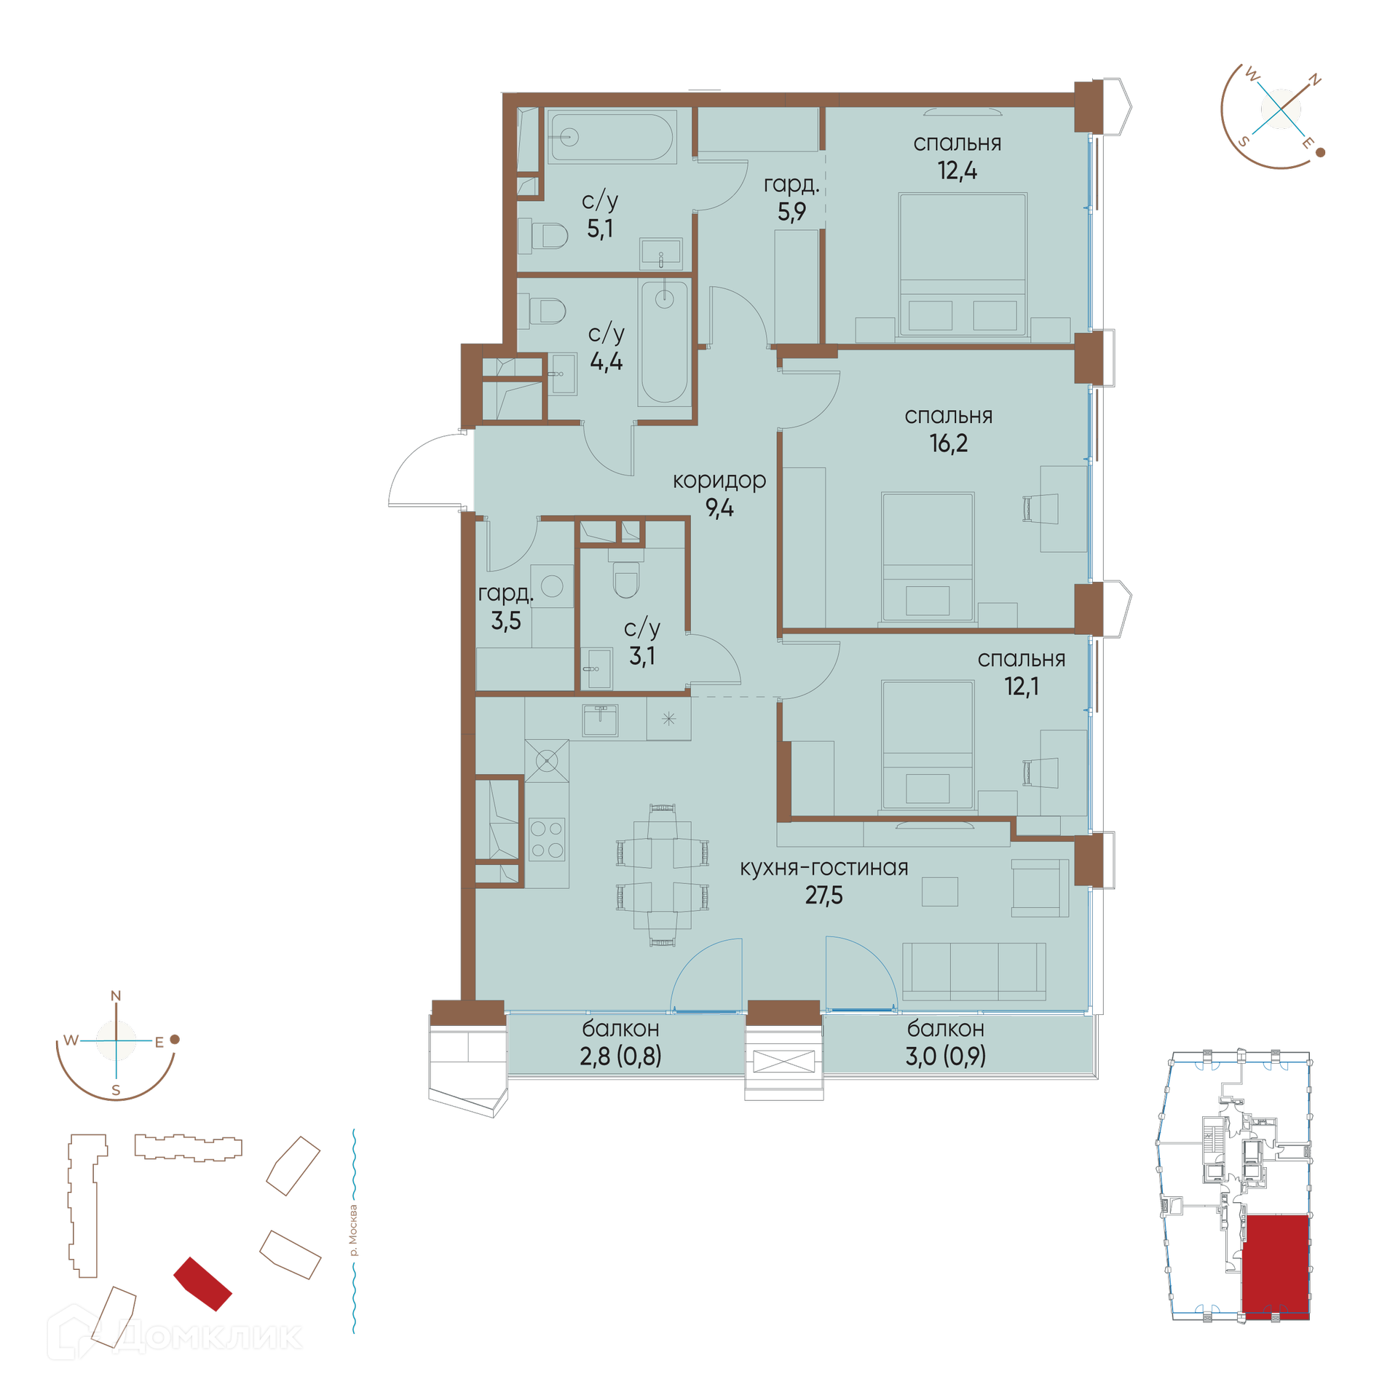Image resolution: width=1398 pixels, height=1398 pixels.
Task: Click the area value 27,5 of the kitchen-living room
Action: [x=824, y=896]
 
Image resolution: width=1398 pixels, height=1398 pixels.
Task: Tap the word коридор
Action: [x=719, y=481]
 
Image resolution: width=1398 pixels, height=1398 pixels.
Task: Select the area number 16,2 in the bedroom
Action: [x=948, y=443]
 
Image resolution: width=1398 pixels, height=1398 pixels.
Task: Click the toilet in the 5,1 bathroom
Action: [x=550, y=236]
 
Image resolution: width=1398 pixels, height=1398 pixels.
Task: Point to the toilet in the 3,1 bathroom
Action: [x=626, y=580]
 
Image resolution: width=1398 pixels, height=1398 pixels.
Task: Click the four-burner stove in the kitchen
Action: [x=547, y=840]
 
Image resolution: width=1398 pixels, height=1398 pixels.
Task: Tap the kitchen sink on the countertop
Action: [x=600, y=720]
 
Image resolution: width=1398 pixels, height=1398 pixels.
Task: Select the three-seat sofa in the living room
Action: [x=974, y=971]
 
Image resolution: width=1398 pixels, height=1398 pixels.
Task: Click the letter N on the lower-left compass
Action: [x=116, y=996]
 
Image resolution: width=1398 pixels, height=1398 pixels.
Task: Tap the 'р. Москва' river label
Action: [x=354, y=1231]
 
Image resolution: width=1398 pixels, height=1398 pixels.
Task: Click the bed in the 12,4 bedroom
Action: [x=963, y=265]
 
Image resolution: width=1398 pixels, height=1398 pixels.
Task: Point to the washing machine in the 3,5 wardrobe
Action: [x=552, y=586]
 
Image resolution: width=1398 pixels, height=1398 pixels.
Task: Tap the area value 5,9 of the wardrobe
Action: [x=791, y=212]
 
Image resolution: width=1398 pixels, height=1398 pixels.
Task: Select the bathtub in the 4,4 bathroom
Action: [x=663, y=343]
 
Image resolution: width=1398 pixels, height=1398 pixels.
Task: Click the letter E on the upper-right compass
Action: [x=1307, y=143]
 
